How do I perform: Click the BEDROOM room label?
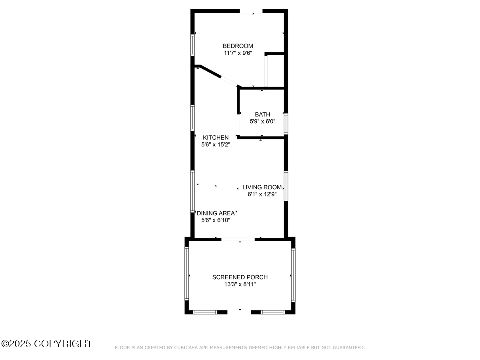tap(238, 46)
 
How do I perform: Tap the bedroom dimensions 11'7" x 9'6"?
tap(238, 53)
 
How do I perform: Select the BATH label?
tap(262, 114)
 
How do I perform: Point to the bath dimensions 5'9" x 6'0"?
tap(262, 121)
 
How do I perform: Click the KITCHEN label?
tap(216, 138)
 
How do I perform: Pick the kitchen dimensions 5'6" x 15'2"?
tap(216, 144)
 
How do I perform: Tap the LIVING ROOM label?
tap(262, 187)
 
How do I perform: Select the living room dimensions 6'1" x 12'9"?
tap(262, 194)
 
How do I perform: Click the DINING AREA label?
tap(216, 213)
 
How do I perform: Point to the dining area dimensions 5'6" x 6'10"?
tap(216, 220)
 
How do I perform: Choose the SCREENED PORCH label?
tap(240, 277)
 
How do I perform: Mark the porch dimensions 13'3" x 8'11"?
tap(240, 284)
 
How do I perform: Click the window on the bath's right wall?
tap(286, 124)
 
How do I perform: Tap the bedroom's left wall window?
tap(192, 45)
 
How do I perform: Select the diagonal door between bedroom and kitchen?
tap(229, 82)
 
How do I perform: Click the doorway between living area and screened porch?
tap(238, 239)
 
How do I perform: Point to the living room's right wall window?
tap(286, 186)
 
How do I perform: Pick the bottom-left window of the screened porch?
tap(205, 312)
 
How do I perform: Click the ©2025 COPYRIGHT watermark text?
tap(46, 344)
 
